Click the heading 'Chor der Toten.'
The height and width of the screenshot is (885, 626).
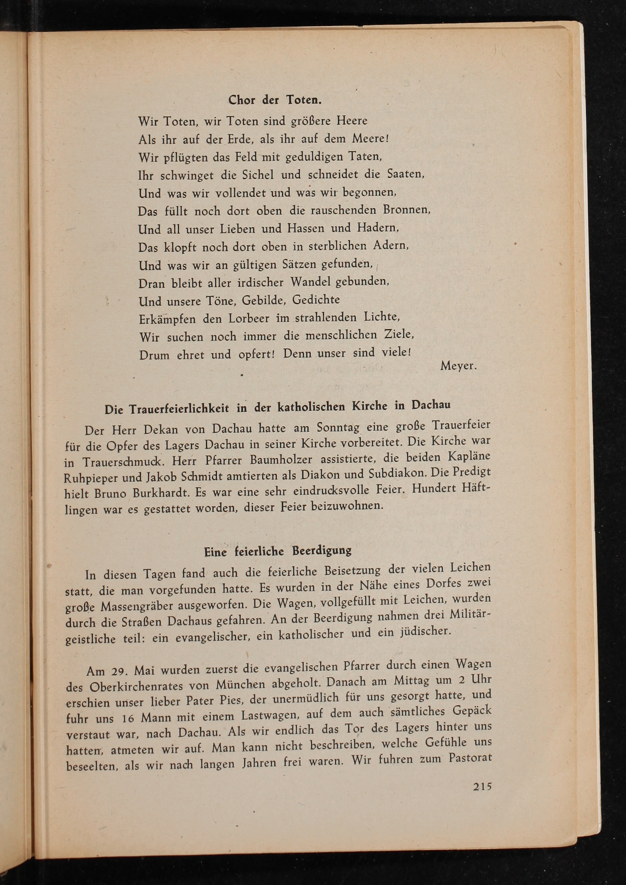pos(275,100)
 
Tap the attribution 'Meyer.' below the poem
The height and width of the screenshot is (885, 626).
pos(458,366)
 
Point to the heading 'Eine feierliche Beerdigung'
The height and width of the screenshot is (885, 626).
pos(277,551)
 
